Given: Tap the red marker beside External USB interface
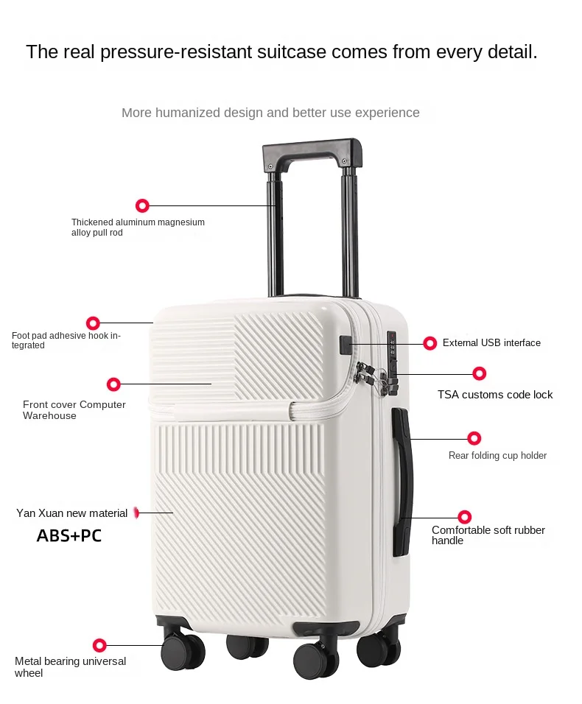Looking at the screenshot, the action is click(x=430, y=342).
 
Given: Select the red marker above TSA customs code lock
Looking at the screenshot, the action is click(x=480, y=373).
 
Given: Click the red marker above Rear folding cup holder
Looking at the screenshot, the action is click(x=474, y=438).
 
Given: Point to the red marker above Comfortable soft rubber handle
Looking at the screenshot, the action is click(x=464, y=517).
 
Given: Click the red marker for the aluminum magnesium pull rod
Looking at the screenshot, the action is click(x=142, y=205).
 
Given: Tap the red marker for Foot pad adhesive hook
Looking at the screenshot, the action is click(x=93, y=323).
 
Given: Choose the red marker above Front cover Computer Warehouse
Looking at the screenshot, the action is click(x=113, y=384).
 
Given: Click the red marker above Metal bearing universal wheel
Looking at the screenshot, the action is click(x=99, y=645).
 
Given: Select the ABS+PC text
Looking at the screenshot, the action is click(x=69, y=536).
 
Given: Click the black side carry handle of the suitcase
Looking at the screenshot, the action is click(x=402, y=482).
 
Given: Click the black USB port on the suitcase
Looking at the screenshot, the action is click(x=346, y=344).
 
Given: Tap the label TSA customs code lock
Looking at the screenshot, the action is click(x=495, y=395).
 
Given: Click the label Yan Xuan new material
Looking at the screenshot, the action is click(x=72, y=513).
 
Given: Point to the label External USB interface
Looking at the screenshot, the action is click(x=491, y=343).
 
